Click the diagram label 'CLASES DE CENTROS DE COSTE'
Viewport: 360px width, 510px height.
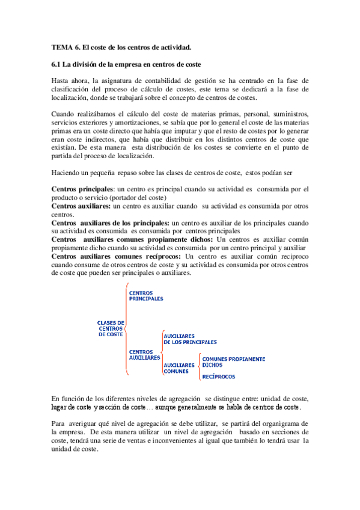(x=111, y=328)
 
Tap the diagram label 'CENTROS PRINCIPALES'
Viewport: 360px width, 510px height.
(x=146, y=295)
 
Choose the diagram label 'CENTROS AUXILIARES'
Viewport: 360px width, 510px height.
(x=144, y=354)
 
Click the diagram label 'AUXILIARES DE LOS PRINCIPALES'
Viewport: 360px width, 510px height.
(x=190, y=339)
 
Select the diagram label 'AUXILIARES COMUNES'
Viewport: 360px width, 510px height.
(x=179, y=367)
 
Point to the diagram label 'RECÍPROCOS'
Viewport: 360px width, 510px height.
(x=218, y=376)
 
